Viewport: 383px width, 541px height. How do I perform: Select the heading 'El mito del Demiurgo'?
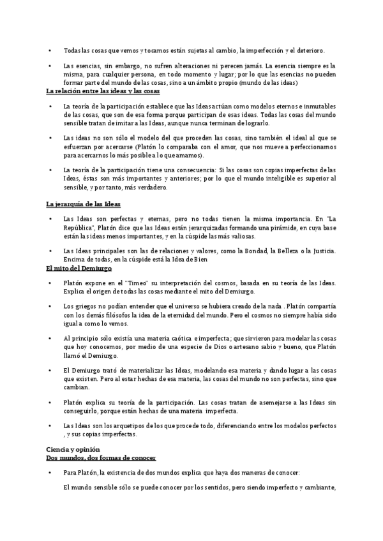click(74, 269)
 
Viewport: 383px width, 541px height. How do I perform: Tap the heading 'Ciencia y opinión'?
click(73, 450)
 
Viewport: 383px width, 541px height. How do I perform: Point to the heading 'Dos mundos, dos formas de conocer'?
click(101, 458)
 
